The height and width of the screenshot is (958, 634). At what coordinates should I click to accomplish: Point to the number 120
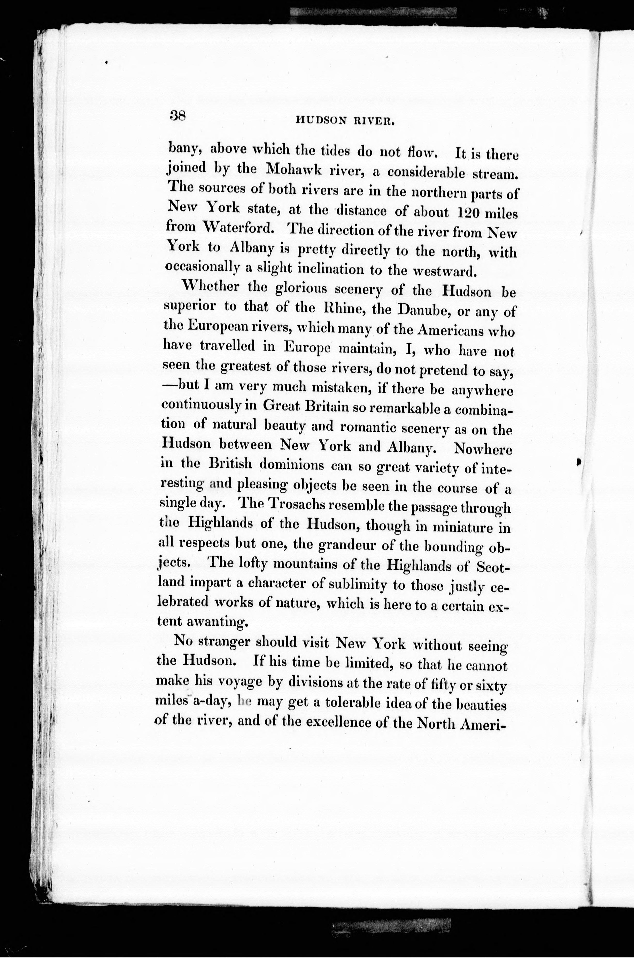(468, 212)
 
